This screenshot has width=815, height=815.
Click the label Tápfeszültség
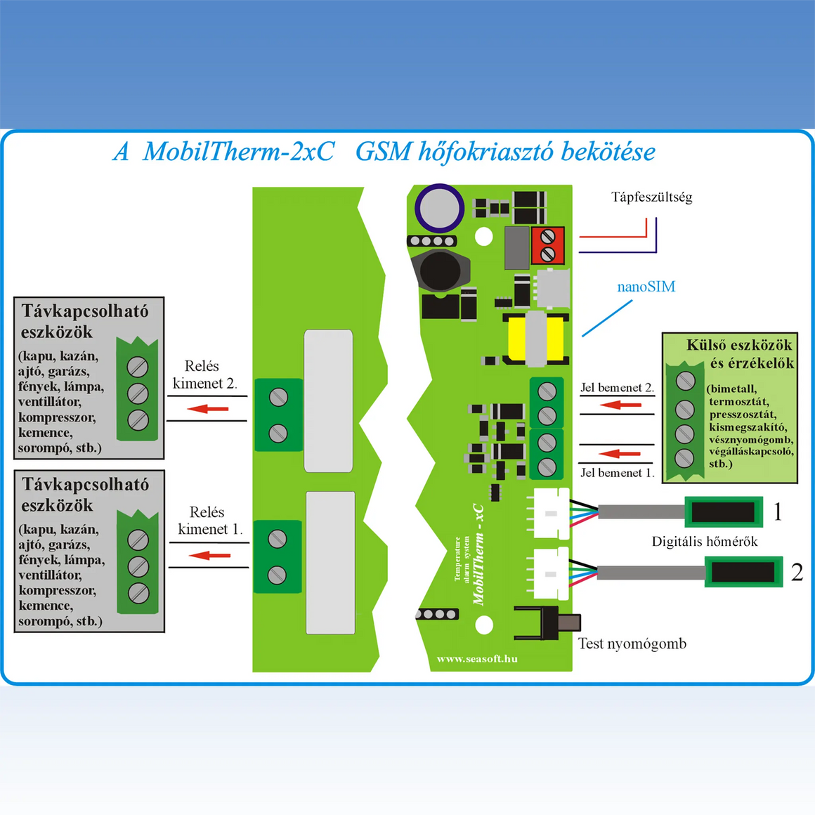click(x=651, y=197)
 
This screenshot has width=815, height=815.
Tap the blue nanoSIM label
click(x=646, y=287)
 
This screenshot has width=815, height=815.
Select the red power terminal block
click(x=547, y=245)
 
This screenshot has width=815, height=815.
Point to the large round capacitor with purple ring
click(x=439, y=208)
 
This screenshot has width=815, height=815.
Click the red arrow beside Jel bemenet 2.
click(x=621, y=405)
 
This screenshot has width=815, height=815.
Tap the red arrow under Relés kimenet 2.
click(x=208, y=408)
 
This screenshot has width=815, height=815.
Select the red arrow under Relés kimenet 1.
click(x=209, y=556)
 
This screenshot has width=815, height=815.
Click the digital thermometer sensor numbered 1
click(x=723, y=511)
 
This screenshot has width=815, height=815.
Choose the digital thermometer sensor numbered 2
click(x=743, y=572)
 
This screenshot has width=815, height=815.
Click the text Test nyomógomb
click(x=632, y=644)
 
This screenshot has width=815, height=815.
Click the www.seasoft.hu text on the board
click(x=477, y=659)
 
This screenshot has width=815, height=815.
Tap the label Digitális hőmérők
click(x=705, y=542)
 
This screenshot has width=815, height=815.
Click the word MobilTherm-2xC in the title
click(x=238, y=152)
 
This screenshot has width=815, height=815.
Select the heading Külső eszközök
click(x=739, y=345)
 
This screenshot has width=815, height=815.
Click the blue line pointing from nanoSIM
click(x=607, y=318)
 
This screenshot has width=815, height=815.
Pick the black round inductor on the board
click(x=440, y=270)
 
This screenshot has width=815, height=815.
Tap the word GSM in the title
click(x=383, y=152)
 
